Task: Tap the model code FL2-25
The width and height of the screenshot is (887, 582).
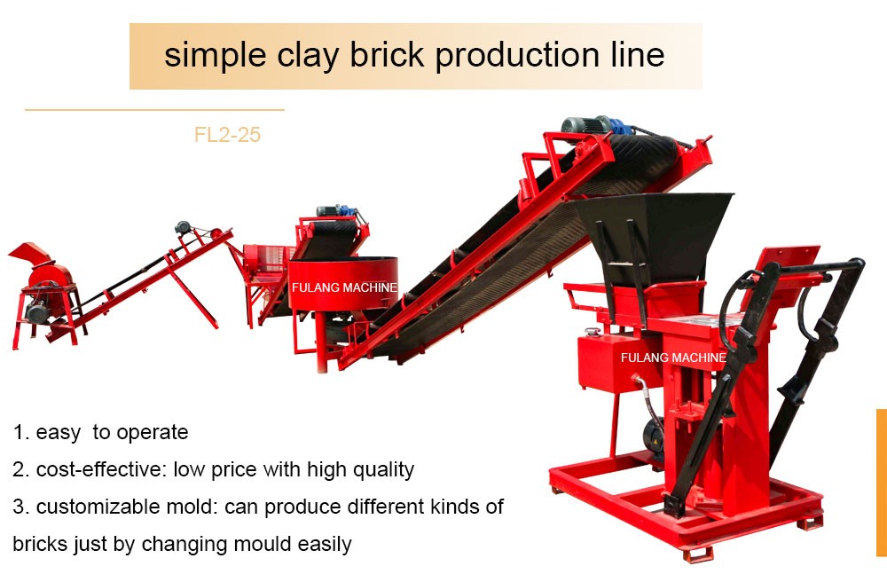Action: (x=227, y=136)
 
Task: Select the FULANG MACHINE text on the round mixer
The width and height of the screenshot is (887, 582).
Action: (x=344, y=288)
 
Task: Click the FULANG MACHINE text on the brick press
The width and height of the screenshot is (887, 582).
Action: (x=673, y=358)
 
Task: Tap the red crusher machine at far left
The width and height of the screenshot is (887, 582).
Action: (x=42, y=284)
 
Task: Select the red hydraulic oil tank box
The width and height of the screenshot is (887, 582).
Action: (x=605, y=359)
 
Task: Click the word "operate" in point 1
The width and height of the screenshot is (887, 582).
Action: (x=152, y=433)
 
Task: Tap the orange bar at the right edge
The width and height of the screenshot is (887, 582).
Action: (x=882, y=482)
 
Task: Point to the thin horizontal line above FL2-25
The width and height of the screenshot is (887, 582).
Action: (x=154, y=110)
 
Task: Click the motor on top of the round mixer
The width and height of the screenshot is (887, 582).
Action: (x=336, y=213)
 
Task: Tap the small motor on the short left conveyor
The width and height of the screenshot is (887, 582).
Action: (x=184, y=228)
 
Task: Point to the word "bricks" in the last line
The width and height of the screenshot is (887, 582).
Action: (x=42, y=544)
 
